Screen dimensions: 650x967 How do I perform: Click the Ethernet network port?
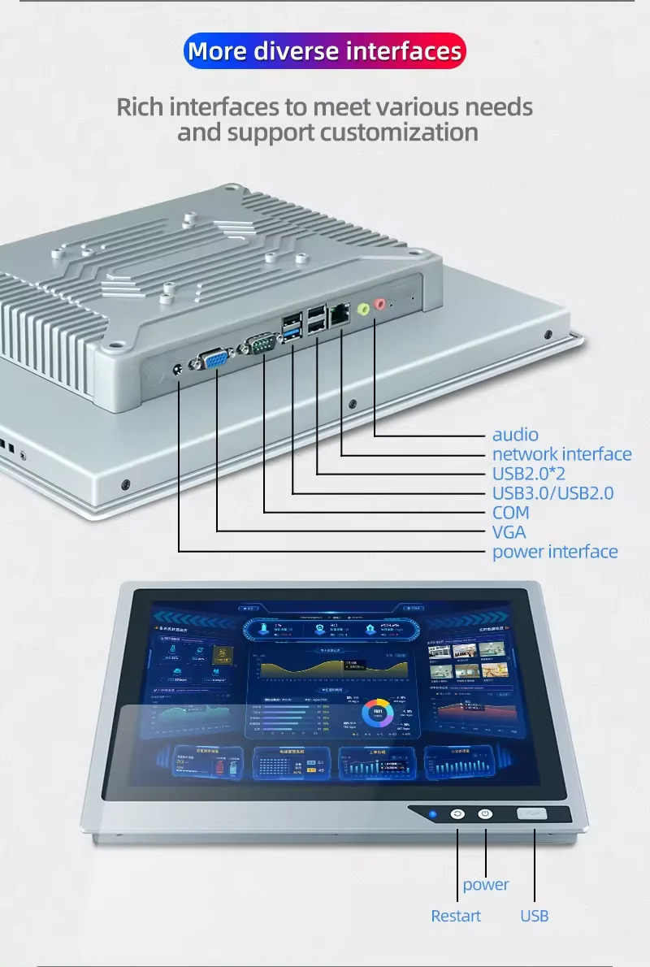pos(340,314)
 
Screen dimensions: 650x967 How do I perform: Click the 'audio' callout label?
pos(515,435)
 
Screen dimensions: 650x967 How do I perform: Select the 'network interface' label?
pos(561,454)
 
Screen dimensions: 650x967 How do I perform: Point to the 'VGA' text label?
pos(509,532)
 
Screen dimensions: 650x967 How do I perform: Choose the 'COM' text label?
pos(510,513)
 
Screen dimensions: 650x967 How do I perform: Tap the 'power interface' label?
pos(555,552)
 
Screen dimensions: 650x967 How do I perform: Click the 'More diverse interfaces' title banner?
pos(325,52)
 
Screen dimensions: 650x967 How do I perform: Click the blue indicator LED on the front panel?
pos(432,814)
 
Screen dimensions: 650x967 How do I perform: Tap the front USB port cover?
pos(533,814)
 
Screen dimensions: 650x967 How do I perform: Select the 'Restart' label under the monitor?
pos(456,916)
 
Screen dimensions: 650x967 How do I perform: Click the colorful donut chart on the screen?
pos(379,713)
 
